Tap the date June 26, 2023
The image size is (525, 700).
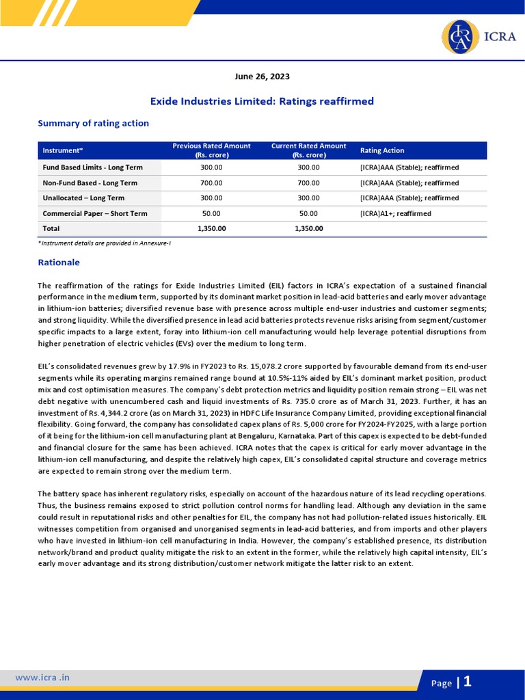click(x=262, y=77)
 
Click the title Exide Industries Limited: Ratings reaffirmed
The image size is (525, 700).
click(x=262, y=101)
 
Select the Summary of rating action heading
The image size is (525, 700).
click(x=93, y=123)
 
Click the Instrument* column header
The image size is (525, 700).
click(x=63, y=150)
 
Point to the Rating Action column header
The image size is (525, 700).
click(x=381, y=150)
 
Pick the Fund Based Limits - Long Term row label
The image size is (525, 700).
click(x=92, y=167)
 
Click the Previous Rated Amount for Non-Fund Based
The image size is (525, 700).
click(x=211, y=183)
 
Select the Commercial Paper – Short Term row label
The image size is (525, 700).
click(x=95, y=213)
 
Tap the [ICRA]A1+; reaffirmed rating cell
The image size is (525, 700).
click(x=395, y=213)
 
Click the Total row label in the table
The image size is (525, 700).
click(x=51, y=228)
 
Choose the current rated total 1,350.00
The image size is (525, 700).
click(x=308, y=228)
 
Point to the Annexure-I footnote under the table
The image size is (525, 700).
click(x=104, y=243)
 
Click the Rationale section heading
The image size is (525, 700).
click(x=59, y=262)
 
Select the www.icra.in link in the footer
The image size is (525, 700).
click(x=42, y=677)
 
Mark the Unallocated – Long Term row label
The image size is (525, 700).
click(x=83, y=198)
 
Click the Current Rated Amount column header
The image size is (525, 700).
click(x=308, y=150)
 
